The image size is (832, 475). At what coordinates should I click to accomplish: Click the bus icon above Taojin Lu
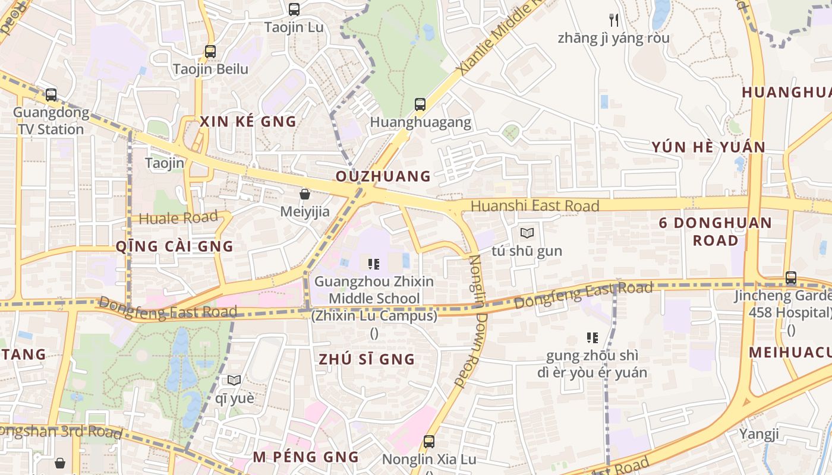(294, 9)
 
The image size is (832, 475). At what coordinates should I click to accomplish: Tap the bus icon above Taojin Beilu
(210, 51)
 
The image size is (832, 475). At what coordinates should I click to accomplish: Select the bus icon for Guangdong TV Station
(51, 94)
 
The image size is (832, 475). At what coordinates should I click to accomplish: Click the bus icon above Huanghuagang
(420, 104)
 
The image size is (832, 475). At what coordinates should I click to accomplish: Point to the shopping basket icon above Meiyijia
(305, 194)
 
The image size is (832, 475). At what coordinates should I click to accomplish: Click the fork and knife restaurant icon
(614, 20)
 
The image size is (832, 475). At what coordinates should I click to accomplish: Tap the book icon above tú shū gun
(527, 233)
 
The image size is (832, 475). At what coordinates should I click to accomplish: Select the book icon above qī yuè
(234, 380)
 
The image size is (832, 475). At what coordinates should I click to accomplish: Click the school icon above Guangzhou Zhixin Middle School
(374, 264)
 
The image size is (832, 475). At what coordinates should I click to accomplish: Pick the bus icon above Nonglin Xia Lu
(429, 442)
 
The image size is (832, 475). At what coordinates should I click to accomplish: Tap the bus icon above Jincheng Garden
(790, 277)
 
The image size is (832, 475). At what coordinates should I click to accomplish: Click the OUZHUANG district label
(383, 176)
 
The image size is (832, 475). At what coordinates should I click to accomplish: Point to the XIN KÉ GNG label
(248, 122)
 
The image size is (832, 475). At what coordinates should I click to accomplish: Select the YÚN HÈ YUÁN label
(708, 147)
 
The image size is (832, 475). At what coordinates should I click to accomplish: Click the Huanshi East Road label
(535, 206)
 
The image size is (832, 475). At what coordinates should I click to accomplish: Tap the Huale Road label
(178, 218)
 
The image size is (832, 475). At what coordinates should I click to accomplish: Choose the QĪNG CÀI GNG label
(174, 246)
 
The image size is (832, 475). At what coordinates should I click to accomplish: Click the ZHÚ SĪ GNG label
(367, 359)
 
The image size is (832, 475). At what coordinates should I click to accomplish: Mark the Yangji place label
(759, 434)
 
